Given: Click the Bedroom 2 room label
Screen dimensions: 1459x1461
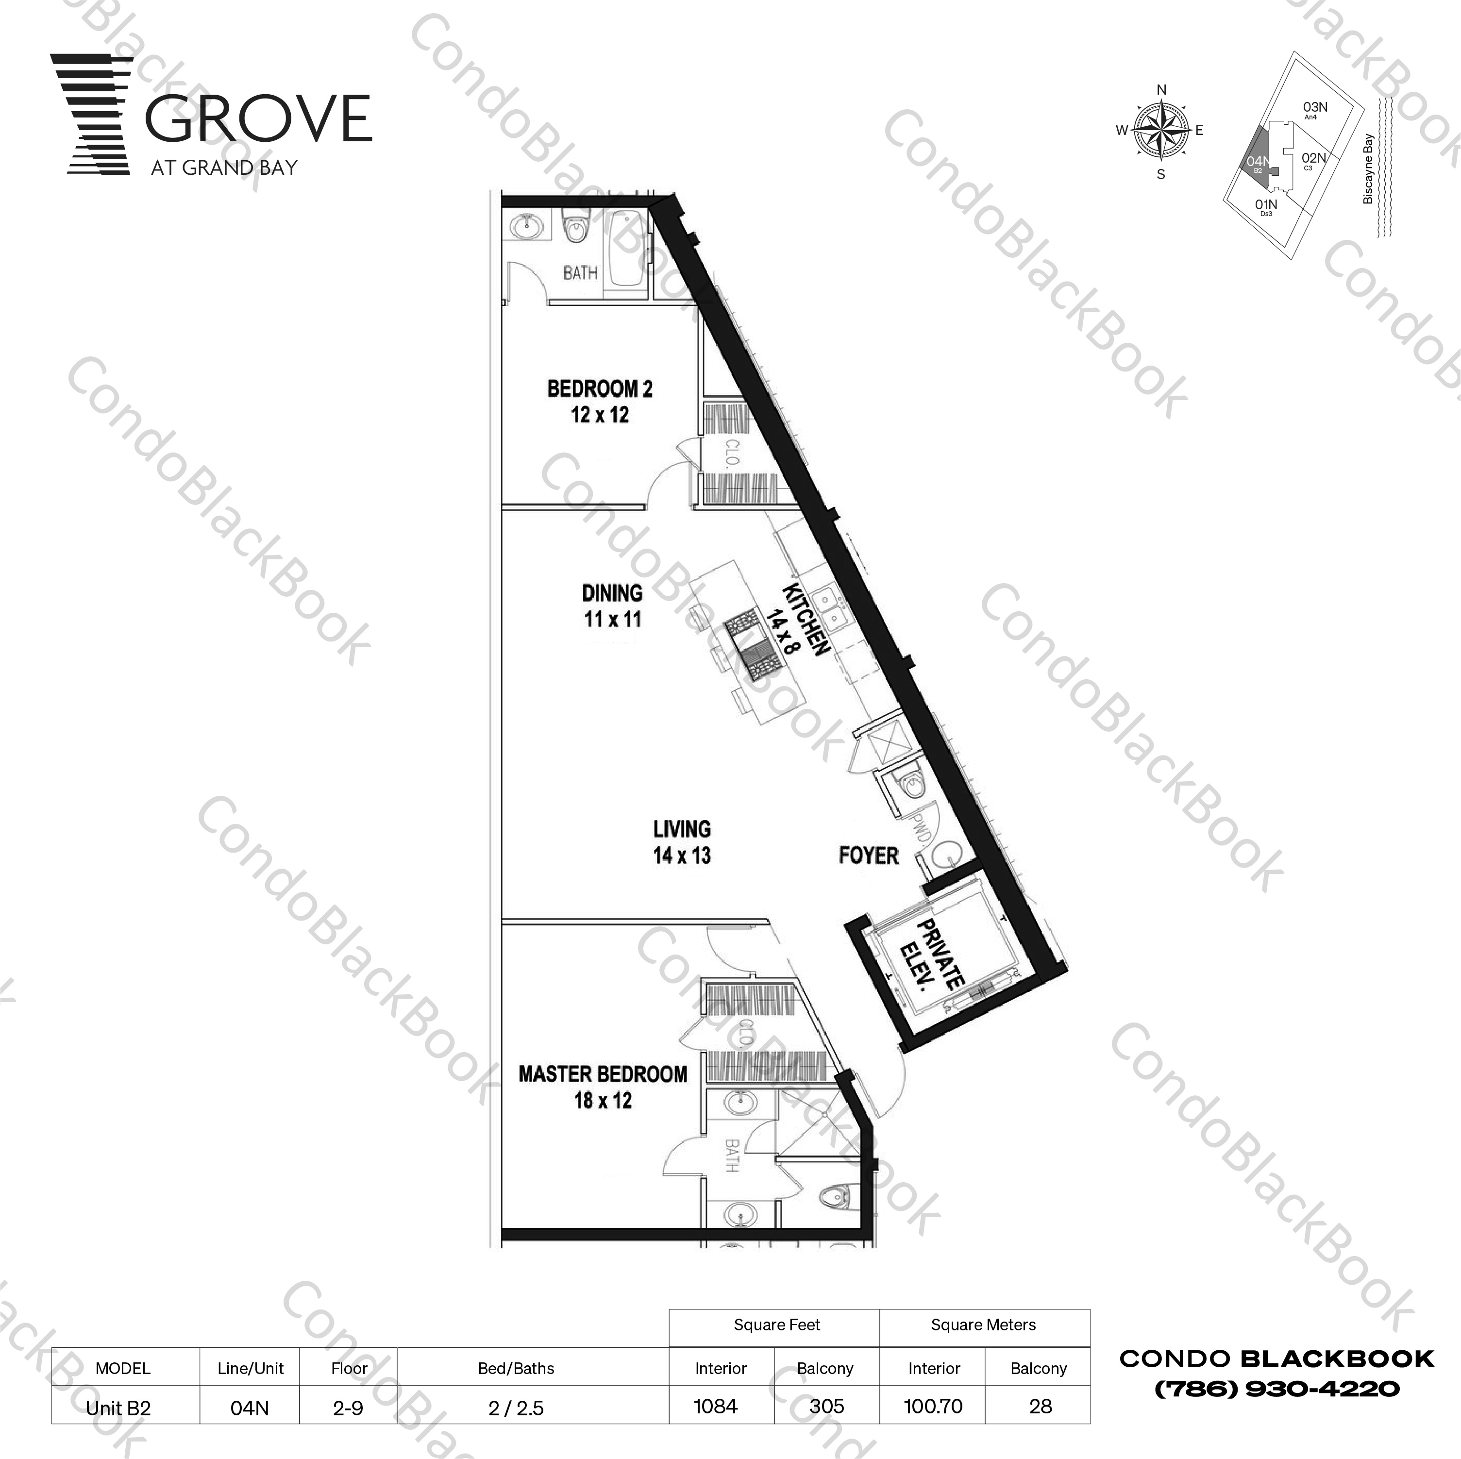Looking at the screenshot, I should (x=599, y=401).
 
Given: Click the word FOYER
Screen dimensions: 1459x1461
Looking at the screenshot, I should (x=868, y=855).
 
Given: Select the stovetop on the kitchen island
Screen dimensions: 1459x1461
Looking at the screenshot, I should (x=753, y=647).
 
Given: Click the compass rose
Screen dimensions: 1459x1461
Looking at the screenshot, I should (x=1161, y=131).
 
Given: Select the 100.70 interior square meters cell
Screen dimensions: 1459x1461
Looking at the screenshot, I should (x=933, y=1406).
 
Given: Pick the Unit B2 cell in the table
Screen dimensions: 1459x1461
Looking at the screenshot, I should (x=119, y=1408).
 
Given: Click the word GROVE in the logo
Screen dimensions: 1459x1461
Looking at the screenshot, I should (x=257, y=119).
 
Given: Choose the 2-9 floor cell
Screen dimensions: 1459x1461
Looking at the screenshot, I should (x=348, y=1408).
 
